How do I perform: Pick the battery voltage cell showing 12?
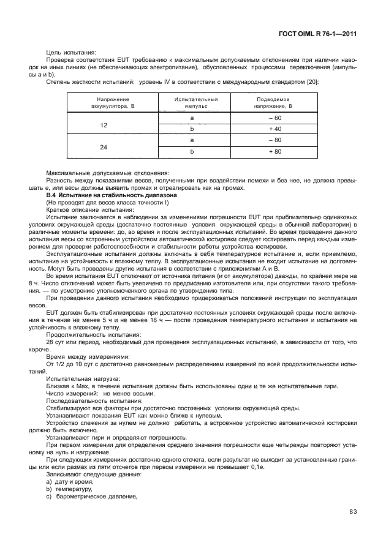(x=104, y=124)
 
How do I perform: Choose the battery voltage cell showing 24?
(x=104, y=147)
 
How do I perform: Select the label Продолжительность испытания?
(x=85, y=335)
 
